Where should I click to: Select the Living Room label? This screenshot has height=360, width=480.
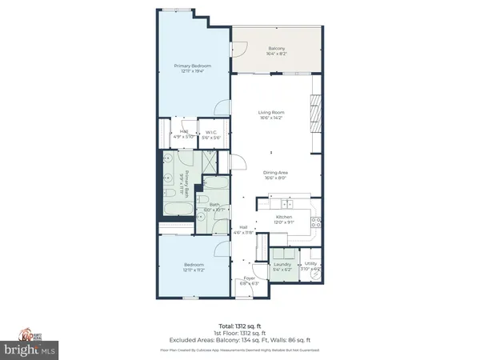271,112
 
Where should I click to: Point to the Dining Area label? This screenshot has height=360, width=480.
271,172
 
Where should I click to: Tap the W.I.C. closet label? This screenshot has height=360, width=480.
211,133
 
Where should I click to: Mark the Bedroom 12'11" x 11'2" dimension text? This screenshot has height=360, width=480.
194,270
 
